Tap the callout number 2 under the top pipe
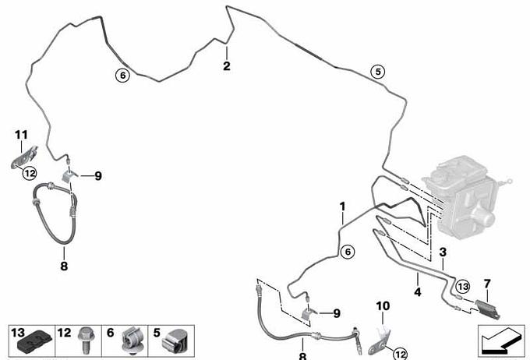(227, 66)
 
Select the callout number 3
(443, 252)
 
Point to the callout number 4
(418, 292)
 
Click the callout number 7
(487, 281)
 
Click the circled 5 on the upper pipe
(377, 72)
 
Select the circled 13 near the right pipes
(462, 286)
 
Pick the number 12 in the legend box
(65, 333)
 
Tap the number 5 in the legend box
(157, 333)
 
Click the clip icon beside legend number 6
(131, 339)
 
